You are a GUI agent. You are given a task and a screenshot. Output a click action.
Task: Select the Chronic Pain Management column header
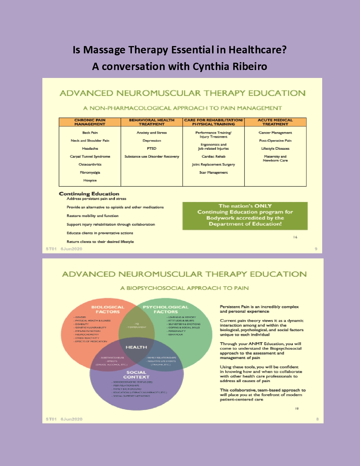pos(90,122)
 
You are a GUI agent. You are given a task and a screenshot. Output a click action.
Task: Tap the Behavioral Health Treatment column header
pos(152,122)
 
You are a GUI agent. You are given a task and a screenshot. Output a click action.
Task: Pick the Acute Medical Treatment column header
pos(275,122)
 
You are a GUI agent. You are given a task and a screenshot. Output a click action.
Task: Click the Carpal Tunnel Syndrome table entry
pos(90,156)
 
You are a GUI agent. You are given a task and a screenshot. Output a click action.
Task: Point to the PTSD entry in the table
pos(152,149)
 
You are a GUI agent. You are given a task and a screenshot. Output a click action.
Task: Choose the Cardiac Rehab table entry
pos(213,156)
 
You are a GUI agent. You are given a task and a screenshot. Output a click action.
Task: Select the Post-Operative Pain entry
pos(275,141)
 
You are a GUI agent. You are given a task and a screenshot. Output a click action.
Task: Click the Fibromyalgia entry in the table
pos(90,173)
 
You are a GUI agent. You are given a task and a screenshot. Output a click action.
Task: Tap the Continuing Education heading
pos(89,194)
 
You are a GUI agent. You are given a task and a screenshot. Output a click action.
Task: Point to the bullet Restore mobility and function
pos(93,216)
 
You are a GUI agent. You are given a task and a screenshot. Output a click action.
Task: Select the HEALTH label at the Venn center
pos(136,347)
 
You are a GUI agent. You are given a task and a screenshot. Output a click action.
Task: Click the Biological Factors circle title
pos(108,310)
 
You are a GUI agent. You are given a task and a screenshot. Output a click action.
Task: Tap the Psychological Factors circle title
pos(165,310)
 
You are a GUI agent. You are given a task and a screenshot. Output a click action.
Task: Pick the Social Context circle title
pos(136,375)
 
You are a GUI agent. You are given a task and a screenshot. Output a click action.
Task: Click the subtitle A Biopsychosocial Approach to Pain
pos(184,288)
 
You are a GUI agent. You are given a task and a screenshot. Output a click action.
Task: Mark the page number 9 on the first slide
pos(316,249)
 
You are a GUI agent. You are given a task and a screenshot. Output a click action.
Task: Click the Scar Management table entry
pos(213,173)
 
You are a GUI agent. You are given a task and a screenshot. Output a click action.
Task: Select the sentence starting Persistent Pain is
pos(259,309)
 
